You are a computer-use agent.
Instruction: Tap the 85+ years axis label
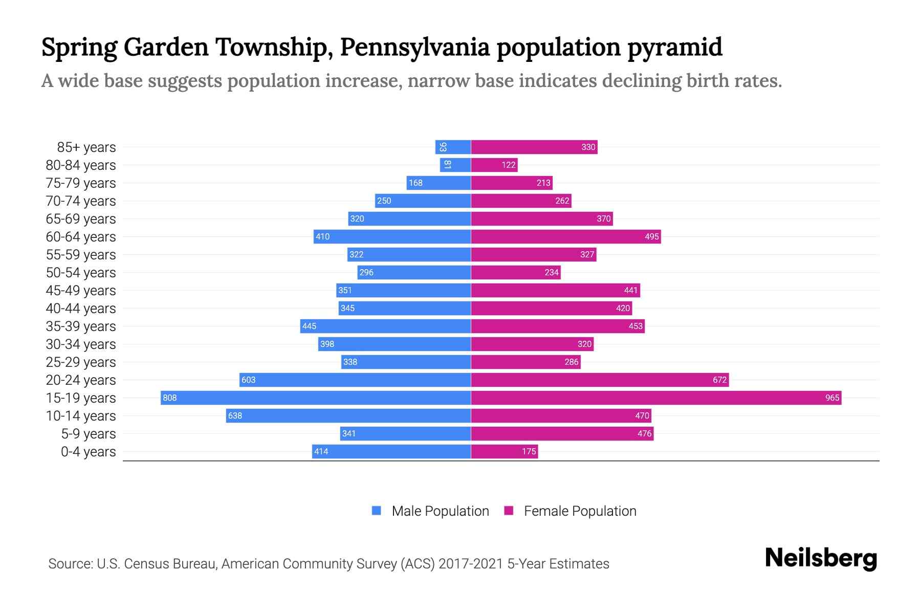point(86,147)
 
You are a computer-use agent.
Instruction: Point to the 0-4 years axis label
point(88,452)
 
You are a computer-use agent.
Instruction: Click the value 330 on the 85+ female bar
point(588,147)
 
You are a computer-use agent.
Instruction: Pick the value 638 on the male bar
point(235,415)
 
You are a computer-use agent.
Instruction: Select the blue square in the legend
point(377,511)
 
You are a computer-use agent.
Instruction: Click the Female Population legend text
point(580,511)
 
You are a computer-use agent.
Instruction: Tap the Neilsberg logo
point(821,558)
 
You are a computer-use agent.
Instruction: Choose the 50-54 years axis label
point(81,273)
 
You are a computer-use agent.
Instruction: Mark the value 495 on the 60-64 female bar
point(651,236)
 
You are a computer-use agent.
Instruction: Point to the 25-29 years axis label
point(81,362)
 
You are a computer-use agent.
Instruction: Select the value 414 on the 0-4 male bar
point(321,451)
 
